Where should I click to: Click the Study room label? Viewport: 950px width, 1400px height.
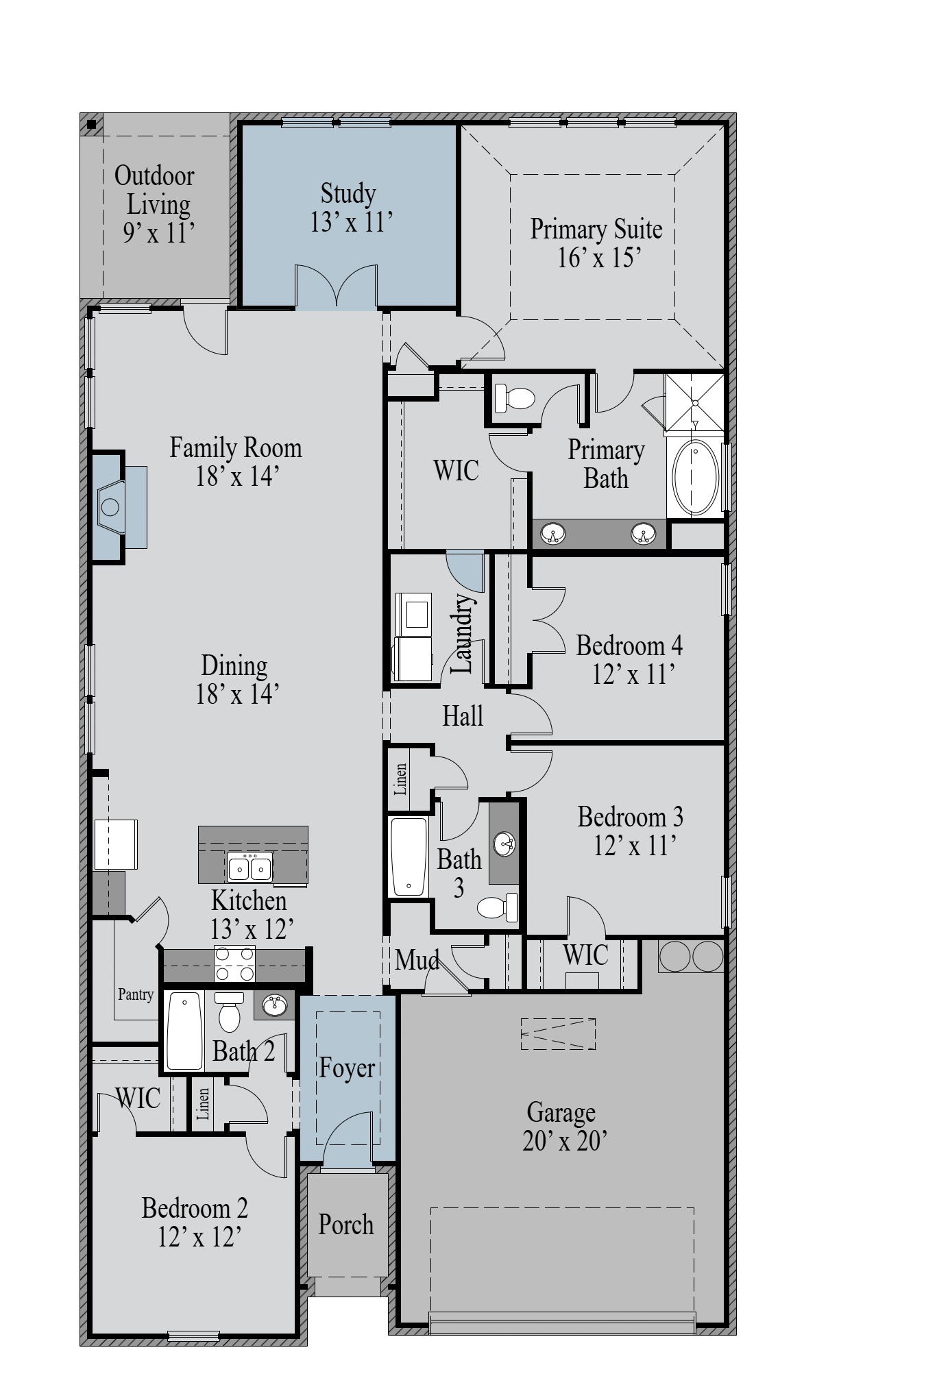click(x=348, y=194)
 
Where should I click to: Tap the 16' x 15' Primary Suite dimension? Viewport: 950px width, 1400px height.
click(x=599, y=258)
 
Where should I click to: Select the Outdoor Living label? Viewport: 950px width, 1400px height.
click(x=155, y=190)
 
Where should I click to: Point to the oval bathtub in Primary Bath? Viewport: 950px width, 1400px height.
click(x=695, y=478)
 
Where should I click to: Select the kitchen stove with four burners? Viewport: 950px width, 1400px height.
click(x=235, y=964)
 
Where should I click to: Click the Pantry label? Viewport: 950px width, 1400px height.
click(x=136, y=994)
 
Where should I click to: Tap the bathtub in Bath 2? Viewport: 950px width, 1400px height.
click(x=184, y=1031)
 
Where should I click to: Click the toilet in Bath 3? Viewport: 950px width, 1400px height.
click(x=498, y=908)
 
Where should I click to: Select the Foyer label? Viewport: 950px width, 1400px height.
click(x=347, y=1068)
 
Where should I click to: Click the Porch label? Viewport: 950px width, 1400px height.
click(x=346, y=1225)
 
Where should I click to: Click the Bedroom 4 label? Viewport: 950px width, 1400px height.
click(x=629, y=646)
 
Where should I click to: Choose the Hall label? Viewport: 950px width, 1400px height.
click(x=463, y=716)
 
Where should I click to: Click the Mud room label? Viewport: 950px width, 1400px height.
click(x=417, y=960)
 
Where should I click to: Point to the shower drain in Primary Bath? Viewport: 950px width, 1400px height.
click(x=695, y=403)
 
